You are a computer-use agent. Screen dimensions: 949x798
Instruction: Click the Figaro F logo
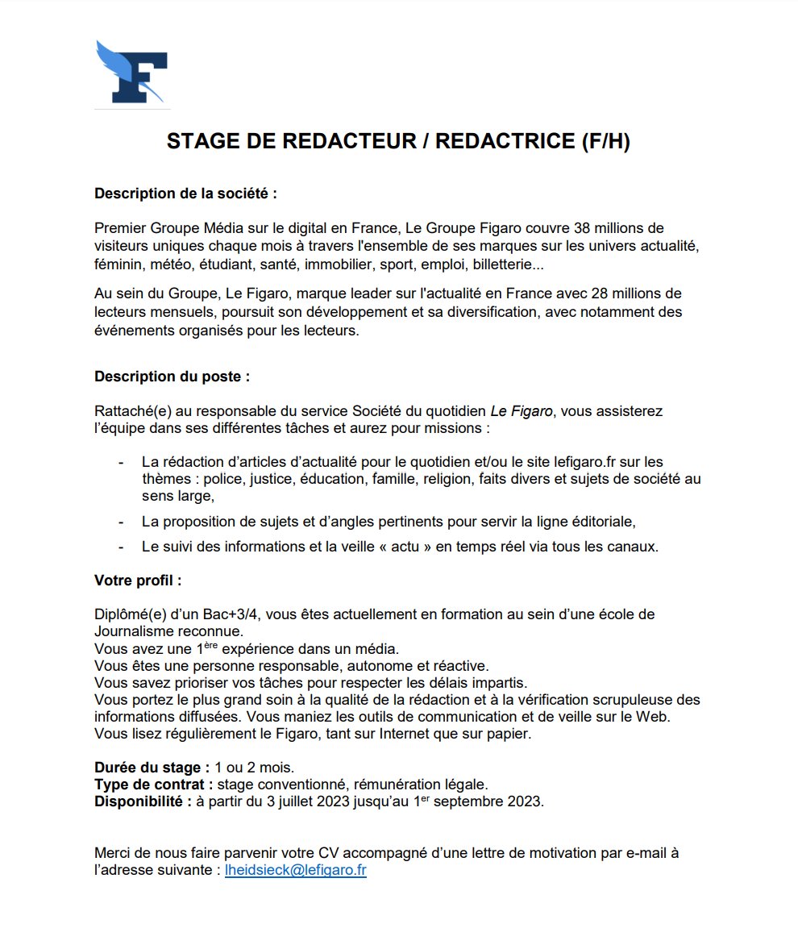point(133,73)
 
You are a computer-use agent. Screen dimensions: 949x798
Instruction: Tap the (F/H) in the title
point(605,142)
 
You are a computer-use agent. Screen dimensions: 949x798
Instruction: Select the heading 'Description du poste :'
point(172,377)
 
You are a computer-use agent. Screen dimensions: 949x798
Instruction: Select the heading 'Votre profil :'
point(138,580)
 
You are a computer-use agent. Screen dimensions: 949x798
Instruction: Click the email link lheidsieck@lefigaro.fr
point(296,872)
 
